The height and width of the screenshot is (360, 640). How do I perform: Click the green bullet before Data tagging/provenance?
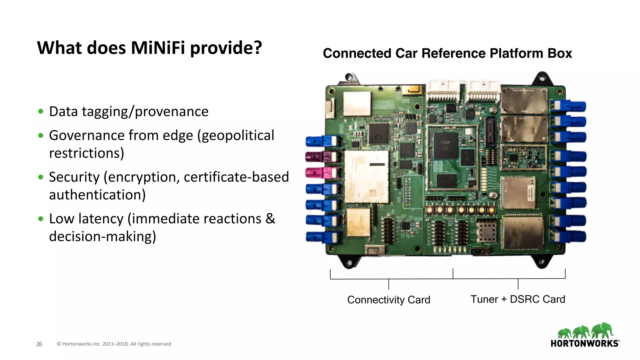(x=41, y=112)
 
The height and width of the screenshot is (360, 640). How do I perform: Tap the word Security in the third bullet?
(x=74, y=177)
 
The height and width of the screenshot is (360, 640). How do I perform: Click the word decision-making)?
(x=102, y=237)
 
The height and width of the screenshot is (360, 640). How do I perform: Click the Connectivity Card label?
(x=388, y=300)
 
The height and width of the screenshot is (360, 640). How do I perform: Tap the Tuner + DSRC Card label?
(x=518, y=299)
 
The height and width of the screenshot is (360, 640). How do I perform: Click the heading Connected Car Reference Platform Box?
(x=447, y=53)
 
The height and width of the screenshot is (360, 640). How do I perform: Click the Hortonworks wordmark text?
(x=584, y=343)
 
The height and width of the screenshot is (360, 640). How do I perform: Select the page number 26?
(x=39, y=344)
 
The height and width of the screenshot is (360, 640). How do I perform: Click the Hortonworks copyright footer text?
(x=114, y=344)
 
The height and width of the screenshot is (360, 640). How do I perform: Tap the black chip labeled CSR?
(x=445, y=146)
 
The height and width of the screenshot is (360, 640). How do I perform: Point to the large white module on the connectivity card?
(x=366, y=177)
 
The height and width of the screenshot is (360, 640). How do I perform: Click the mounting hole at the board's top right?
(x=542, y=77)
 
